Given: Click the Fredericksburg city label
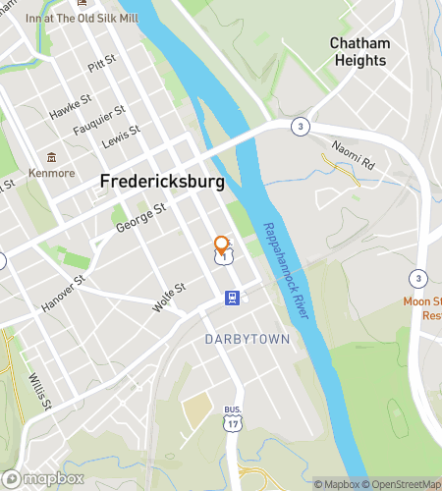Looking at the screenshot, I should pyautogui.click(x=162, y=183).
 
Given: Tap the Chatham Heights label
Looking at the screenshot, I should pyautogui.click(x=359, y=52).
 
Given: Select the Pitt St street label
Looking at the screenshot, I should pyautogui.click(x=102, y=66).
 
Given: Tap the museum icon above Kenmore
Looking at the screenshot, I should pyautogui.click(x=50, y=157).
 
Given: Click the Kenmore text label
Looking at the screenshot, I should pyautogui.click(x=51, y=174).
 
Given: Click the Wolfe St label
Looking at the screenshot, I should pyautogui.click(x=169, y=298).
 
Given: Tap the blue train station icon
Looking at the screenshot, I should pyautogui.click(x=232, y=299).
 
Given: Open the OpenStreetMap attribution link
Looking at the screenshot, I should pyautogui.click(x=402, y=483).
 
